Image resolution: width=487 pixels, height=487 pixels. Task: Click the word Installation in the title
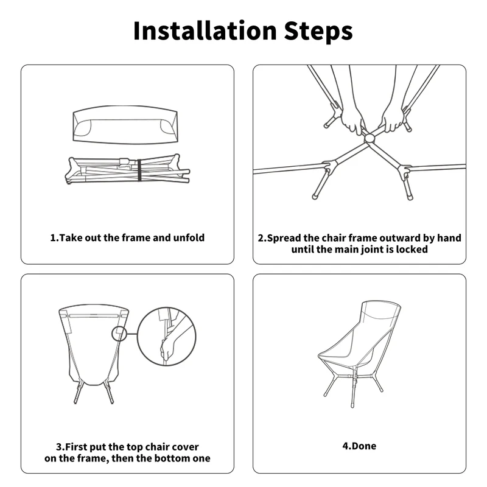tap(205, 31)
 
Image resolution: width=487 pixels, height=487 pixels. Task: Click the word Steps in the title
tap(318, 32)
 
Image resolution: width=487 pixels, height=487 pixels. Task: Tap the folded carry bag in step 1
tap(125, 124)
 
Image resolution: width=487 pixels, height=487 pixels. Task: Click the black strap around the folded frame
tap(139, 170)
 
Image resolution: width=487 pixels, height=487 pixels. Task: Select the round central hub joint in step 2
tap(370, 138)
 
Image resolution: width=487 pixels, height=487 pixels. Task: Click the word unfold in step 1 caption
tap(189, 238)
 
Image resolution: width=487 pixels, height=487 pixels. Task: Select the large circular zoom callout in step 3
tap(166, 336)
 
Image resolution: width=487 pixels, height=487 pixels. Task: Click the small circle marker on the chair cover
tap(119, 334)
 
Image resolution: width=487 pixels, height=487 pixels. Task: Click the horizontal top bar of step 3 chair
tap(94, 315)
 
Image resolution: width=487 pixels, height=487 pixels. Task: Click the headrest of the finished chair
tap(381, 310)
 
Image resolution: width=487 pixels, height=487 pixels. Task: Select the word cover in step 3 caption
tap(185, 447)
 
